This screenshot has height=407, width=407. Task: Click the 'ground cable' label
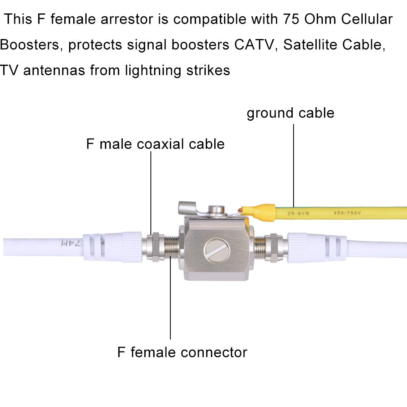pyautogui.click(x=290, y=113)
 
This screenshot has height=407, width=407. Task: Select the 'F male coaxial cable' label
pyautogui.click(x=155, y=144)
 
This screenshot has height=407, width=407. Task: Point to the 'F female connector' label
pyautogui.click(x=182, y=352)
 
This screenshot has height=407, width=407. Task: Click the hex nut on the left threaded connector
pyautogui.click(x=155, y=247)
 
